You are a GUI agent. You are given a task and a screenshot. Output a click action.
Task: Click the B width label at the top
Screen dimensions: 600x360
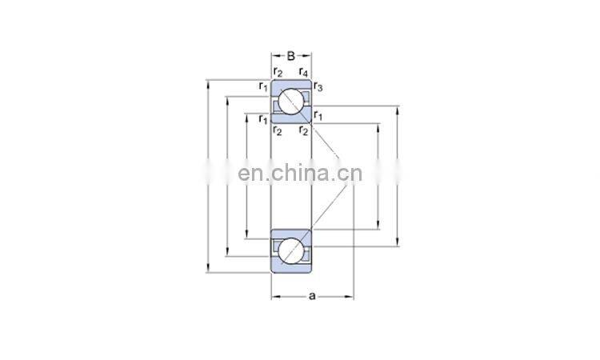(x=291, y=56)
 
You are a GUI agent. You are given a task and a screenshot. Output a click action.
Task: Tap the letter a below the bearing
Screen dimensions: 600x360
(x=313, y=297)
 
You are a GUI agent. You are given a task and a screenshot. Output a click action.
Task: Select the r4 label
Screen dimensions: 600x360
(x=305, y=73)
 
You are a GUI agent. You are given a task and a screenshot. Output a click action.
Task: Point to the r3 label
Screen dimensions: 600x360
(x=318, y=86)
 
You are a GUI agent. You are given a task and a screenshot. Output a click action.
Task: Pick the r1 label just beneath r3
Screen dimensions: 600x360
(x=318, y=117)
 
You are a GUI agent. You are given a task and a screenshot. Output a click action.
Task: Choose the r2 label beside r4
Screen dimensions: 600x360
(x=278, y=73)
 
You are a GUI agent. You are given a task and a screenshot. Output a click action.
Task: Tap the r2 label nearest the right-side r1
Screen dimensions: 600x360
(x=303, y=130)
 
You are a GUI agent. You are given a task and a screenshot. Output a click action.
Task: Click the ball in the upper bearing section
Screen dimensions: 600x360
(x=290, y=102)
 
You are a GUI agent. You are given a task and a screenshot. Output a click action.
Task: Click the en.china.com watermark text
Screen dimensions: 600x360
(x=301, y=174)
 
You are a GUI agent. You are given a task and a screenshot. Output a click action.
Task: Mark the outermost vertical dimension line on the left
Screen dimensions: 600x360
(x=209, y=176)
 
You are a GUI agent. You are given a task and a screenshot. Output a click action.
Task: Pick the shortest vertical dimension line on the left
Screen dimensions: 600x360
(x=246, y=176)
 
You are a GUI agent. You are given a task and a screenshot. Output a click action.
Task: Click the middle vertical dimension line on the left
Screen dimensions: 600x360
(x=228, y=176)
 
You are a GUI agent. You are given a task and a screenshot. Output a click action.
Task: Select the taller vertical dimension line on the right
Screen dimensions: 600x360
(x=397, y=176)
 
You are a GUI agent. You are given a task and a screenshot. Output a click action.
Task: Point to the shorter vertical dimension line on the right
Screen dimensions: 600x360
(x=378, y=176)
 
